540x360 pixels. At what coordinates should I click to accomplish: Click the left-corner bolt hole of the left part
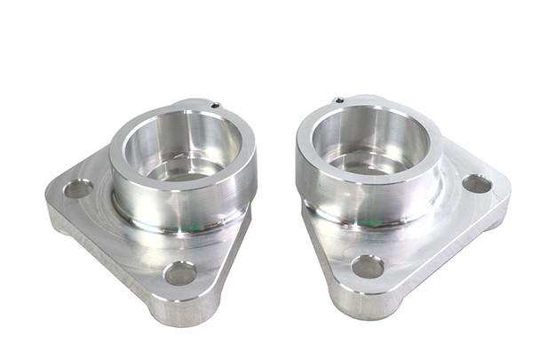(x=78, y=188)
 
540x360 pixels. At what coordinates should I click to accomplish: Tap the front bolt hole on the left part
(x=180, y=273)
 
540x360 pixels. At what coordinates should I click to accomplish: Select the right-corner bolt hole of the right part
(x=477, y=184)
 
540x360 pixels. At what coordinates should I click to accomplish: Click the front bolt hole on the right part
(x=367, y=267)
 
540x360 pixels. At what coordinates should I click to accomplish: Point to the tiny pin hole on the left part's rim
(x=216, y=106)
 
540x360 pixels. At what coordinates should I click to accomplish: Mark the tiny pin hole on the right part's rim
(x=339, y=100)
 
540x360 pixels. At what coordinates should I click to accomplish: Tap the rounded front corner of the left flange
(x=182, y=307)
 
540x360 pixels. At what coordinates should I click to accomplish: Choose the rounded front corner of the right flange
(x=364, y=302)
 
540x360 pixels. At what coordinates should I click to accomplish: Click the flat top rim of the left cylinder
(x=133, y=133)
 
